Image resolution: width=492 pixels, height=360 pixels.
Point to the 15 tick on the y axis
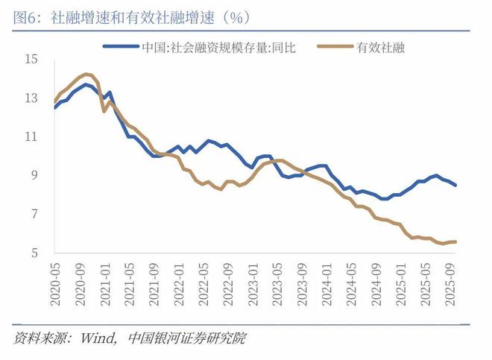point(31,59)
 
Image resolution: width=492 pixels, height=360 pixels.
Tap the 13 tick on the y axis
point(31,98)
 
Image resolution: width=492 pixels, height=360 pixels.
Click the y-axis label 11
point(31,136)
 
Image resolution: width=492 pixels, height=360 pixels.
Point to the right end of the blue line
point(455,185)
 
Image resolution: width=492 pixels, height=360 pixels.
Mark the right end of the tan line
point(455,241)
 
